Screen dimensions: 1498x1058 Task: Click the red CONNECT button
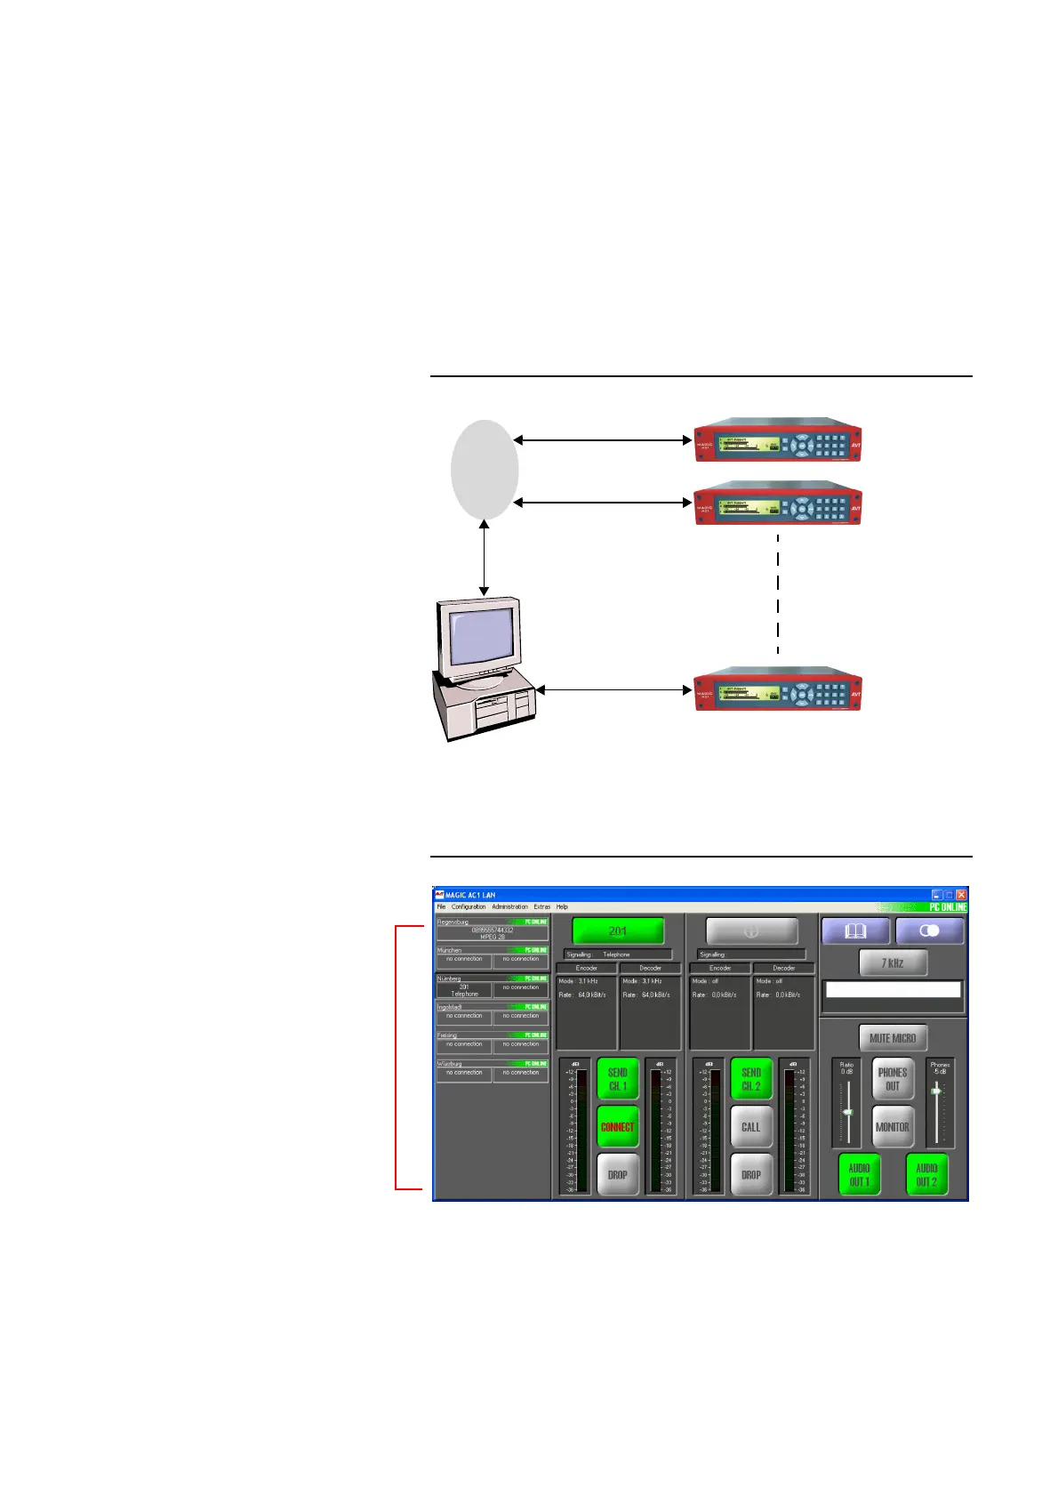(617, 1127)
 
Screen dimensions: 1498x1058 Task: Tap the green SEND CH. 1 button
(617, 1079)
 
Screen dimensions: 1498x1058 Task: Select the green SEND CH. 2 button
(750, 1079)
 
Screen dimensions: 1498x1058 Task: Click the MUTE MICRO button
(892, 1038)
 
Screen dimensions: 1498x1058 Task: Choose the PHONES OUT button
(892, 1079)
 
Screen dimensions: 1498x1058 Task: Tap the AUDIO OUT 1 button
(859, 1174)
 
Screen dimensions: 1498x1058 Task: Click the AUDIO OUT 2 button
(926, 1174)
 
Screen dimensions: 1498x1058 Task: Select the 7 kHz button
(892, 962)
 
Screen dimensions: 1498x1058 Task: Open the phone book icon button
(855, 931)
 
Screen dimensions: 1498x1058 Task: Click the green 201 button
(618, 930)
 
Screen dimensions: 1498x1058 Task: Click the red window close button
(961, 894)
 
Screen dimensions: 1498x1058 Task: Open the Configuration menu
(469, 906)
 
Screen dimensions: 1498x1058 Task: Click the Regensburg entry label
(453, 922)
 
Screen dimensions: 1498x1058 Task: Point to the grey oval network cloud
(485, 470)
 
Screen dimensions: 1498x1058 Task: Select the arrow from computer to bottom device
(613, 689)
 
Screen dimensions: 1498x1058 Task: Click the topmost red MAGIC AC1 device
(778, 440)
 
